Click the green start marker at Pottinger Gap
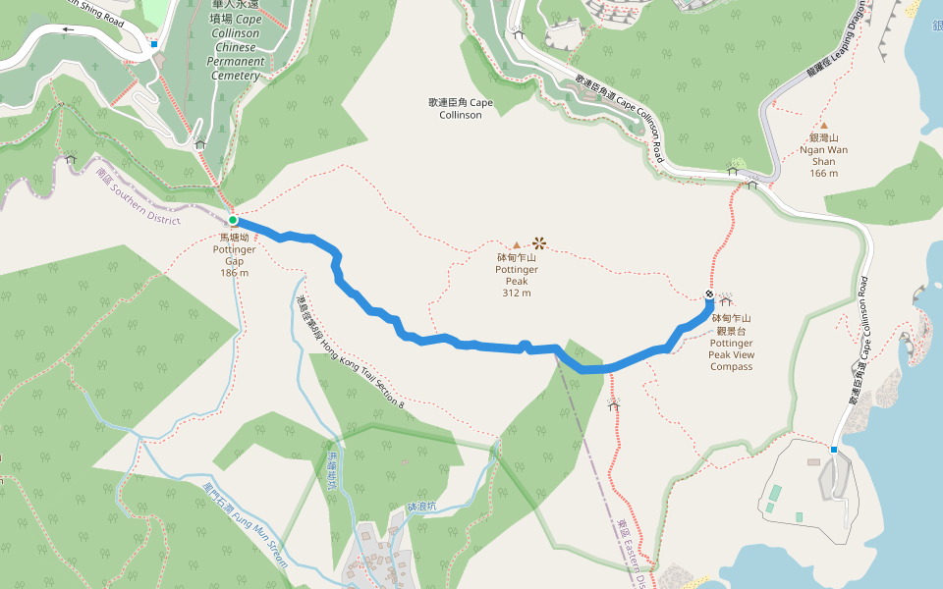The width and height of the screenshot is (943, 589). coord(233,220)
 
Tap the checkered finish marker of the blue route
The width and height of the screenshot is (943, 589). coord(709,294)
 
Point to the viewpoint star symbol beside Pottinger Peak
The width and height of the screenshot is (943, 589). coord(538,241)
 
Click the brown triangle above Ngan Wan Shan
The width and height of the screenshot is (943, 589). coord(824,125)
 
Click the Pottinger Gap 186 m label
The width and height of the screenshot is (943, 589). coord(234,254)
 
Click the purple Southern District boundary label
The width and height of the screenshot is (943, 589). coord(139,195)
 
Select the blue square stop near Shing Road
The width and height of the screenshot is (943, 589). coord(154,44)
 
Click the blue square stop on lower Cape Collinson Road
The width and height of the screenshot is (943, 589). coord(833,450)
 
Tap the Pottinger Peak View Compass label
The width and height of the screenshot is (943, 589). coord(732,343)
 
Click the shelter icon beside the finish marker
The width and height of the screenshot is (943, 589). coord(728,300)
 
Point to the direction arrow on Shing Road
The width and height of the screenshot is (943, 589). coord(68,29)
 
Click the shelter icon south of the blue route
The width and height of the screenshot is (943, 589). coord(614,403)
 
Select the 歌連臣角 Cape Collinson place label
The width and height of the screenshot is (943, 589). coord(461,108)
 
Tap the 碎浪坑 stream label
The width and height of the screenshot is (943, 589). coord(421,507)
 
